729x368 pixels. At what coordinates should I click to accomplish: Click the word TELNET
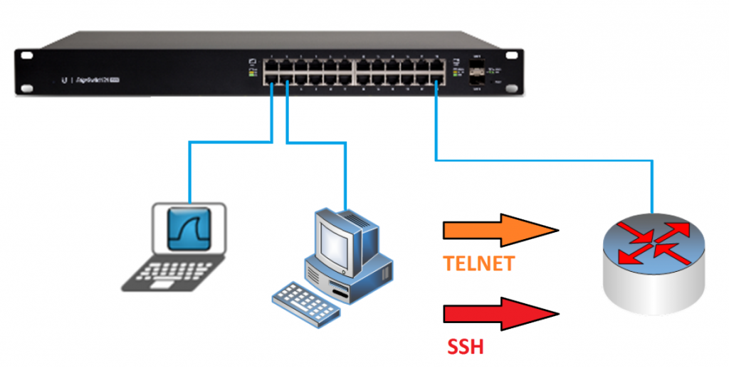(x=478, y=265)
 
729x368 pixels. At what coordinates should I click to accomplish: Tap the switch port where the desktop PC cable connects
(x=287, y=81)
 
